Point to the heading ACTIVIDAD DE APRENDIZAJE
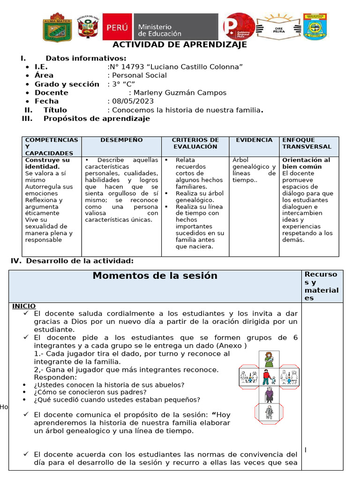click(180, 45)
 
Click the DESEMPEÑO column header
click(121, 140)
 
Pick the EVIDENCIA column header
click(254, 140)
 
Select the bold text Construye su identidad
click(47, 163)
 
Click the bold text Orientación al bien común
click(306, 163)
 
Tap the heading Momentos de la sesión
click(155, 276)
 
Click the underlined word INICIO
click(24, 306)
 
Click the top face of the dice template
click(269, 359)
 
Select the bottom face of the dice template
click(269, 412)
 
